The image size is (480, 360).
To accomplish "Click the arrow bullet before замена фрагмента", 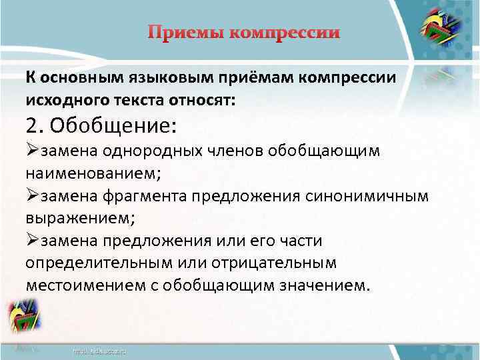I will [x=33, y=195].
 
